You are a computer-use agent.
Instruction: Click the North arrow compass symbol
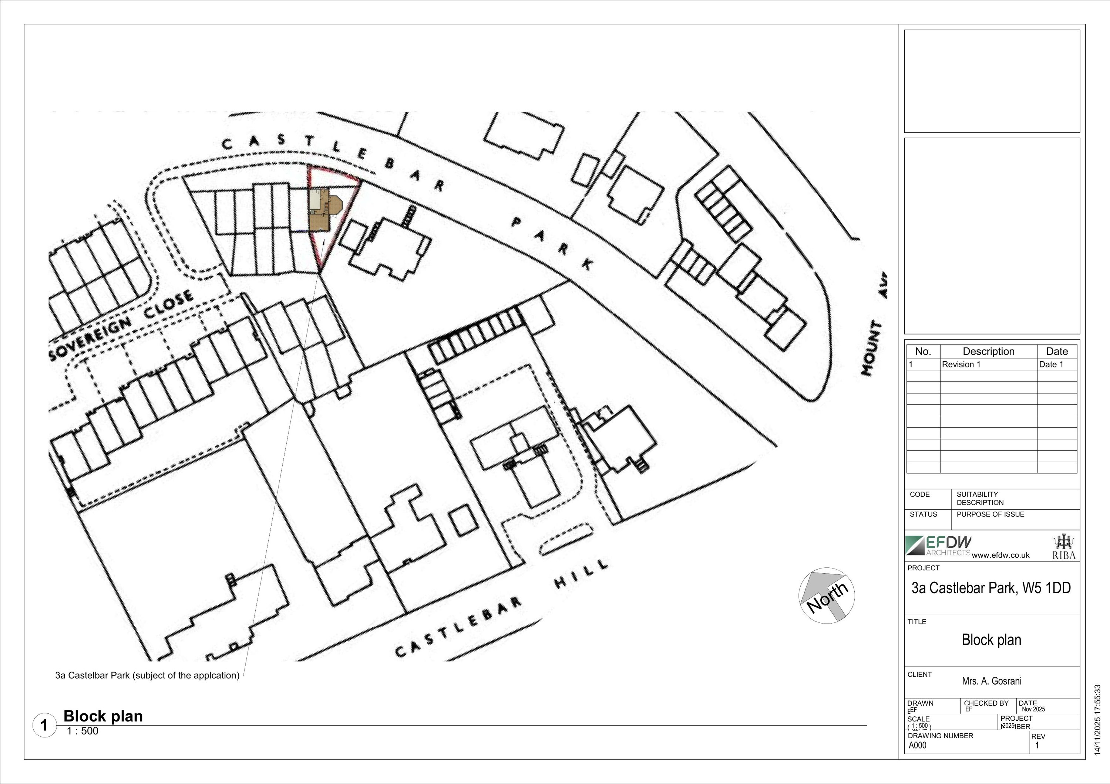(x=826, y=595)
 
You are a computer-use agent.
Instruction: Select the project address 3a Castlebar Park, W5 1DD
(x=991, y=588)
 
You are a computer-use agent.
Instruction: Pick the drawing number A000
(x=918, y=745)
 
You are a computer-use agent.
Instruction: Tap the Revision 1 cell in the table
(x=961, y=364)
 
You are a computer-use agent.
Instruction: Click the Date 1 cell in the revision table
(x=1051, y=364)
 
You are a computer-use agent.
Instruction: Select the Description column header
(x=988, y=351)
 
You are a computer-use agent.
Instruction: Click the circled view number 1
(x=44, y=725)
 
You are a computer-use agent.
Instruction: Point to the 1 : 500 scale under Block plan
(x=83, y=731)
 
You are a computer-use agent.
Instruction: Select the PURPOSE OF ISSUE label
(x=990, y=514)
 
